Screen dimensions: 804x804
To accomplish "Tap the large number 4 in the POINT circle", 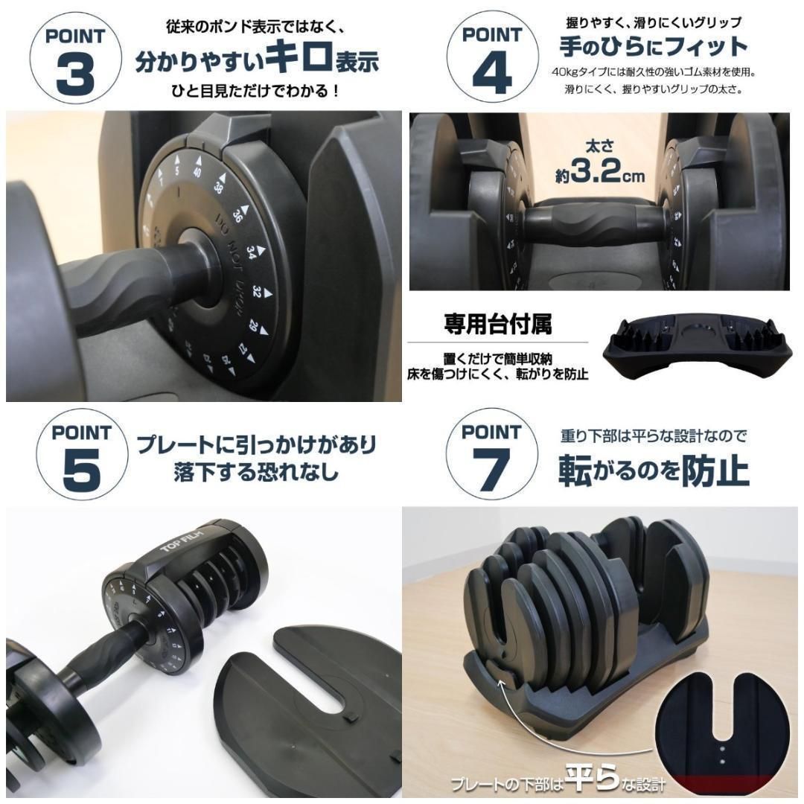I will (492, 75).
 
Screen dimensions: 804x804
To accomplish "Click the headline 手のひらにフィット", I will (653, 46).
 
